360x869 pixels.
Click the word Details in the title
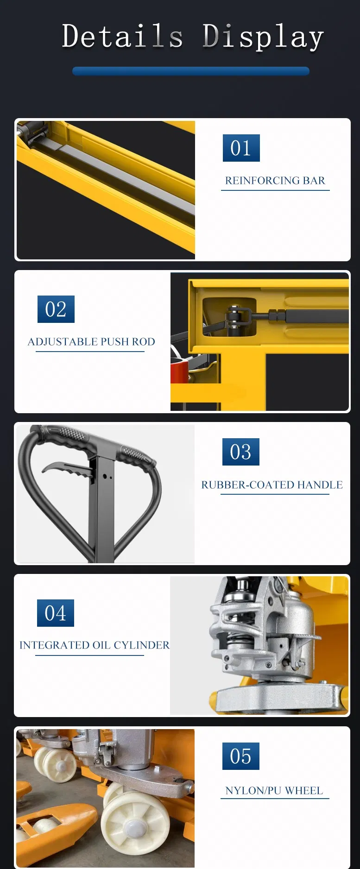(122, 36)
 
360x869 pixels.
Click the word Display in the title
(263, 37)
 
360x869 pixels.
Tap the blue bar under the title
(191, 71)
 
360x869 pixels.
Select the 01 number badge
(241, 148)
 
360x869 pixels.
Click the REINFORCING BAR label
(275, 181)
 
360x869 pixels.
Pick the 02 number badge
(56, 309)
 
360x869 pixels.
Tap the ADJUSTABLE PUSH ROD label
(91, 342)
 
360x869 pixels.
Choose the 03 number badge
(240, 452)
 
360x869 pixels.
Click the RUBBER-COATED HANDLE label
(272, 485)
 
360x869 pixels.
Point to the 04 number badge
(56, 613)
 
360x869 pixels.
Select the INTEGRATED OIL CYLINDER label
(95, 645)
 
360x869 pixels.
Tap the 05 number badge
(240, 756)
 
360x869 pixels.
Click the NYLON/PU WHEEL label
(274, 791)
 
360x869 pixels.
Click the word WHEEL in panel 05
(303, 791)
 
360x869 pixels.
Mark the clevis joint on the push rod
(239, 318)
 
